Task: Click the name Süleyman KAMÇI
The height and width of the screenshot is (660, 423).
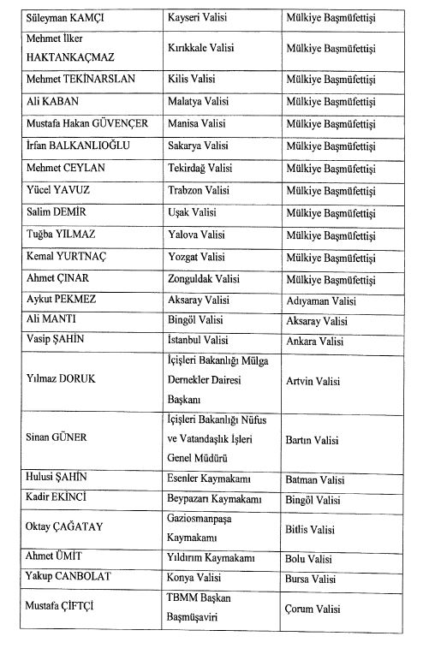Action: [x=63, y=16]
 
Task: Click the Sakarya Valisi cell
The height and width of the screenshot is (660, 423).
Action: [x=197, y=146]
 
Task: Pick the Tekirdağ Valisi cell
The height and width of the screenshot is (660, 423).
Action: [x=200, y=168]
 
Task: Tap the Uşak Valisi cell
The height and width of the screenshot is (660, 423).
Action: [x=191, y=212]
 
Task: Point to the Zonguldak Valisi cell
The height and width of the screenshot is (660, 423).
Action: [x=203, y=278]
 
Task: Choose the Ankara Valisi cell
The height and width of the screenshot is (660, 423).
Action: [x=314, y=342]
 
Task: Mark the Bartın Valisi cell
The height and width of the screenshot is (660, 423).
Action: [x=312, y=440]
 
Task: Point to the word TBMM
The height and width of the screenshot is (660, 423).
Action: [x=181, y=600]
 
